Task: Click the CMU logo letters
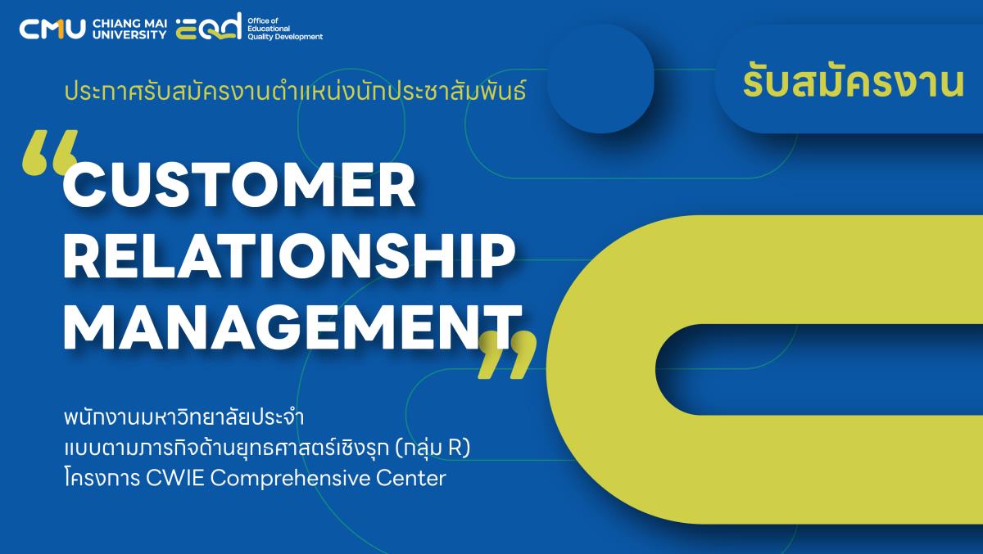click(52, 29)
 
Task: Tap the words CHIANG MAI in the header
click(130, 24)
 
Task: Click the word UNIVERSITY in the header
click(130, 34)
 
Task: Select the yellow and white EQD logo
click(209, 26)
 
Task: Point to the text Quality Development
click(285, 37)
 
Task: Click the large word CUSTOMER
click(239, 186)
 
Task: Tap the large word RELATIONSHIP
click(290, 256)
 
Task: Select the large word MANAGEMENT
click(292, 327)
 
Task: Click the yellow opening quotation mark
click(51, 152)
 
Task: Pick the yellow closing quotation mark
click(507, 354)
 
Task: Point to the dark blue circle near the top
click(600, 79)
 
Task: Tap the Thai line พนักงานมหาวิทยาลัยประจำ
click(183, 417)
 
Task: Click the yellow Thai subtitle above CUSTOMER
click(295, 91)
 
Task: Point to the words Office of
click(263, 20)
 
